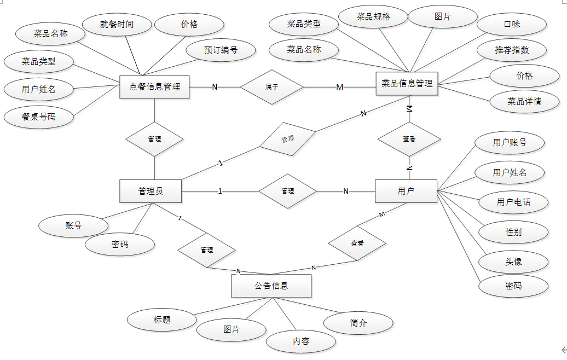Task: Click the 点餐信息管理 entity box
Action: (154, 87)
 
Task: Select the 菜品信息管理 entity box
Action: (407, 84)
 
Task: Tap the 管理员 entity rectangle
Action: (151, 191)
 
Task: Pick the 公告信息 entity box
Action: (271, 286)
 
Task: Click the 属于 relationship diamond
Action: (272, 86)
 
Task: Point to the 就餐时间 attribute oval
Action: (117, 25)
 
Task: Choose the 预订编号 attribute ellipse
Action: (221, 50)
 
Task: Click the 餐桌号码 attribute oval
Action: (38, 117)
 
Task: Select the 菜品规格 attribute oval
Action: (373, 17)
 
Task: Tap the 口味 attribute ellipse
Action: (512, 25)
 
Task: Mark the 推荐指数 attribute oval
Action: (512, 50)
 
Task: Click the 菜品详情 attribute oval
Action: (524, 101)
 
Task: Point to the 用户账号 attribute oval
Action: (510, 143)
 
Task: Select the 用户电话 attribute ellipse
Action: (513, 202)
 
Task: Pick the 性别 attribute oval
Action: (513, 232)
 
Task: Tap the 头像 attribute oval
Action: (513, 262)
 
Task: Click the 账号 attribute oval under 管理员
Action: (73, 225)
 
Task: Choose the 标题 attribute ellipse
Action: (162, 320)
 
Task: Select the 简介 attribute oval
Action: (358, 323)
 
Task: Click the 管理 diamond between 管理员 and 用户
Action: (287, 191)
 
